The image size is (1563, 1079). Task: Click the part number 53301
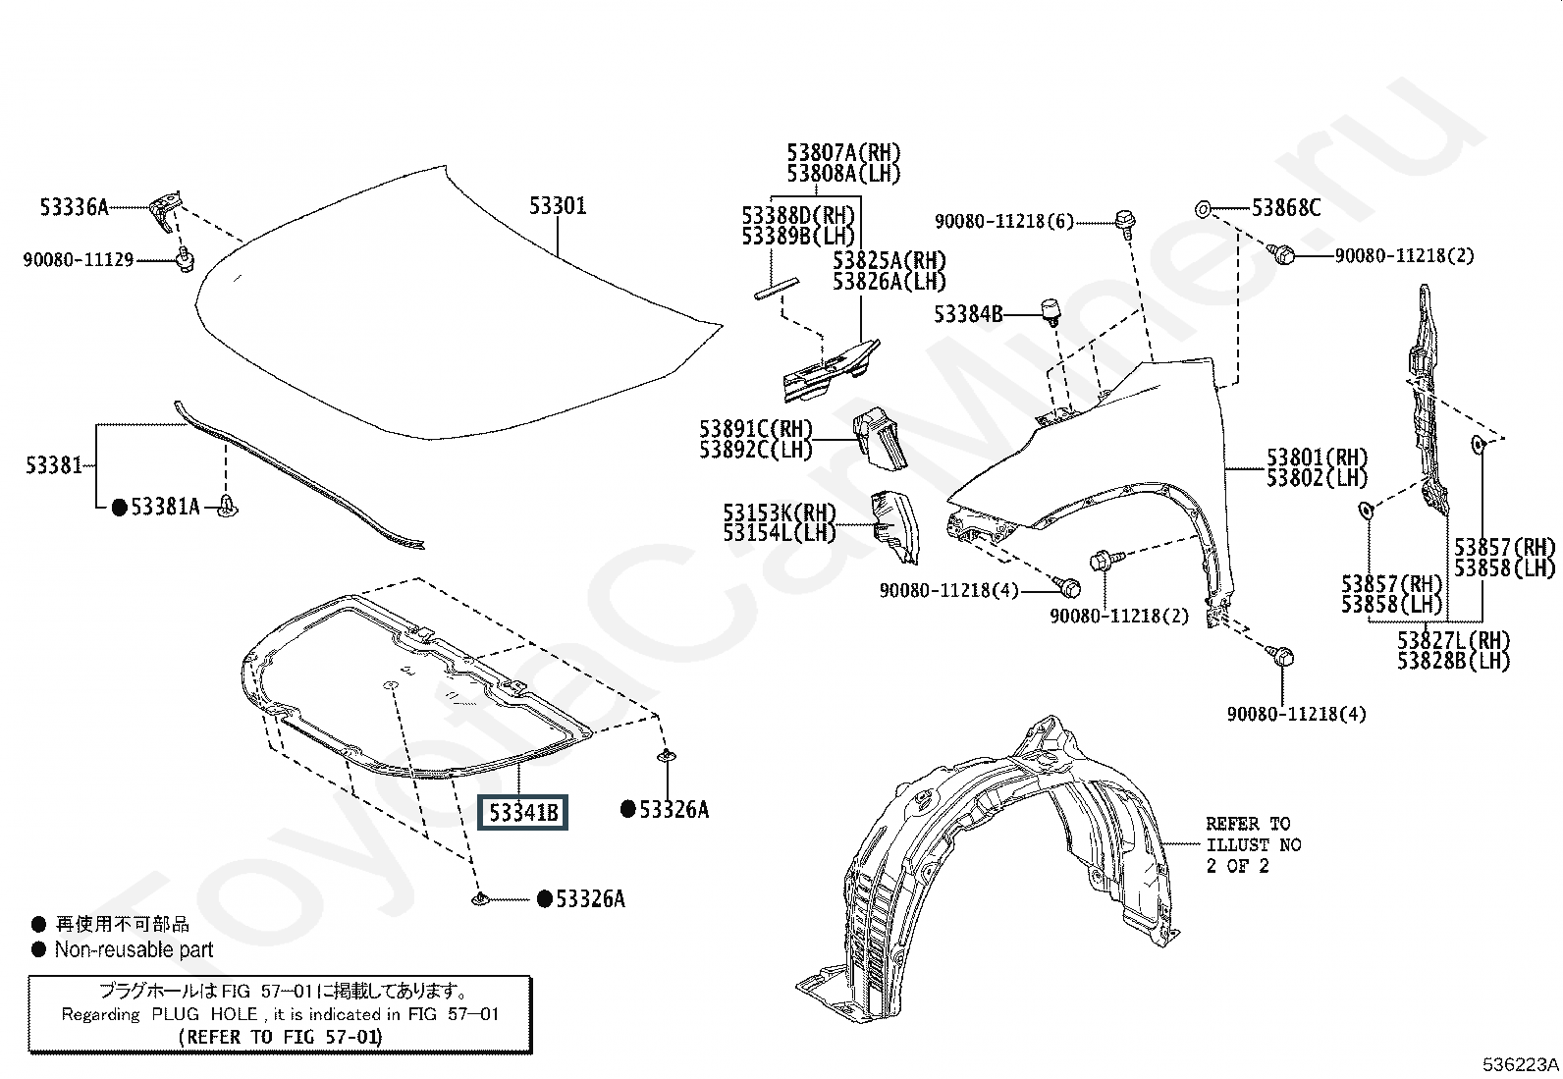click(558, 206)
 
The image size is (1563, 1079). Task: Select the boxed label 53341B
click(522, 812)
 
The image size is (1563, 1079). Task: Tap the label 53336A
click(74, 207)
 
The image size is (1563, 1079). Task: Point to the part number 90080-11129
click(79, 259)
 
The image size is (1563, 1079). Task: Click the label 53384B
click(968, 315)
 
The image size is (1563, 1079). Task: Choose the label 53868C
click(1286, 208)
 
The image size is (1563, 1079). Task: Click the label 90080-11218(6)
click(1004, 221)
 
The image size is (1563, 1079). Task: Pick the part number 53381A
click(165, 507)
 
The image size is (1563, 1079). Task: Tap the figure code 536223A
click(1521, 1064)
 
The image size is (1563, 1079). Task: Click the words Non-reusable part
click(134, 949)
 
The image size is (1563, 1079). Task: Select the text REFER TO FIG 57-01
click(281, 1037)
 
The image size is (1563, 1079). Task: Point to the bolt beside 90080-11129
click(185, 259)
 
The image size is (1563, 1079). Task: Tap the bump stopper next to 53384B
click(1051, 311)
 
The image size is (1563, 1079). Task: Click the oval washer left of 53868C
click(1203, 209)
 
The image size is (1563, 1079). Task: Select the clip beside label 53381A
click(227, 506)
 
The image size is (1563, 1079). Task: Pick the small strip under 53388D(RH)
click(776, 289)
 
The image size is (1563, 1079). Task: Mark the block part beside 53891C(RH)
click(880, 438)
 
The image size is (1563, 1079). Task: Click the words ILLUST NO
click(1254, 845)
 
